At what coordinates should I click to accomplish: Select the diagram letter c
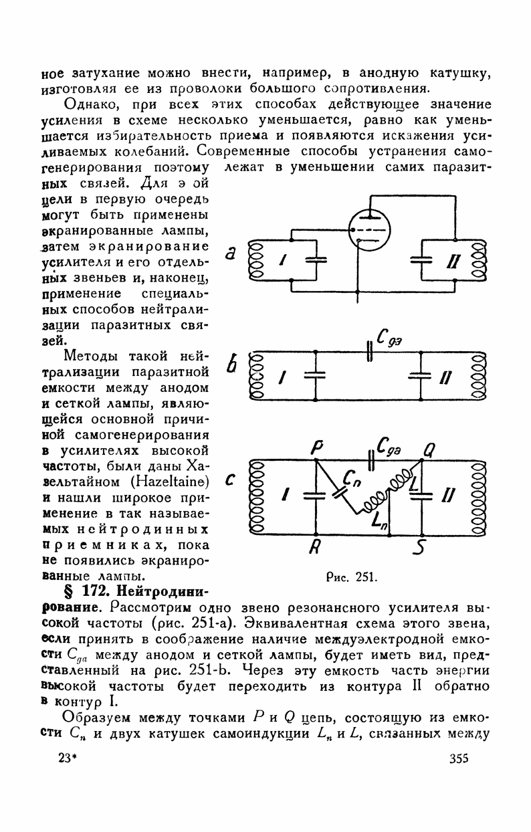coord(229,480)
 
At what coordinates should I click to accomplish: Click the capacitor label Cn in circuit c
coord(351,477)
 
